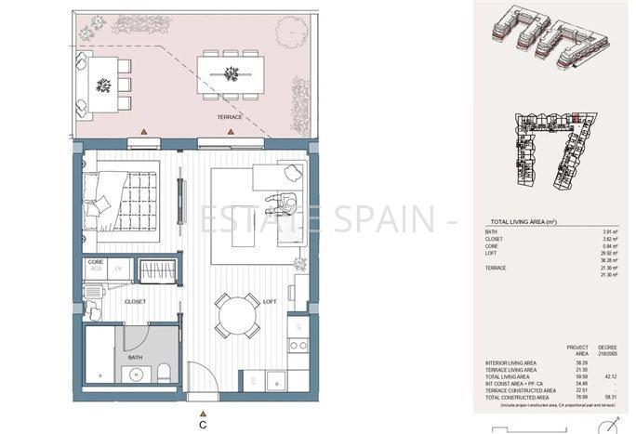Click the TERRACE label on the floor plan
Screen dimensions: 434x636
coord(229,117)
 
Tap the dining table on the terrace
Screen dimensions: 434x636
coord(230,73)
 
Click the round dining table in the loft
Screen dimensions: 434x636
coord(238,317)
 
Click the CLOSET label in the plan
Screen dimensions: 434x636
coord(137,302)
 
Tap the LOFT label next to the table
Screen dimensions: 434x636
coord(270,302)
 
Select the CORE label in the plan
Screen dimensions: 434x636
coord(95,263)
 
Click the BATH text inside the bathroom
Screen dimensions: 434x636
coord(135,357)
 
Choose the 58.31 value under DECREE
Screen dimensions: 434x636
coord(609,398)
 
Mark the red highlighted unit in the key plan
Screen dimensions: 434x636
coord(576,118)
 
